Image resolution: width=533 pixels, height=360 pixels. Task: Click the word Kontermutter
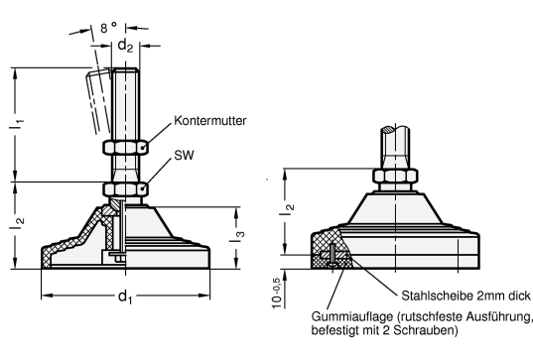point(209,121)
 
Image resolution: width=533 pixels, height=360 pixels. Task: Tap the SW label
point(184,156)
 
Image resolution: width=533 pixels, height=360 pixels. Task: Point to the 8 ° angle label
point(108,27)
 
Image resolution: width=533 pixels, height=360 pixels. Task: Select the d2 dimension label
point(125,46)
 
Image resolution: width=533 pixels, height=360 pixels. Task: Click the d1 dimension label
point(125,297)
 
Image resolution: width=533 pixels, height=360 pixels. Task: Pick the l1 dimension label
point(16,123)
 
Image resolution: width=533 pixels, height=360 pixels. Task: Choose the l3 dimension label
point(237,235)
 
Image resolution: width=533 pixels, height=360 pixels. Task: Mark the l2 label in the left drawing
point(17,222)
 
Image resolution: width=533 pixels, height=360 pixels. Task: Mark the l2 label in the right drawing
point(287,208)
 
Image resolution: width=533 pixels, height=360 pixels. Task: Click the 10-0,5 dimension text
point(277,294)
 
